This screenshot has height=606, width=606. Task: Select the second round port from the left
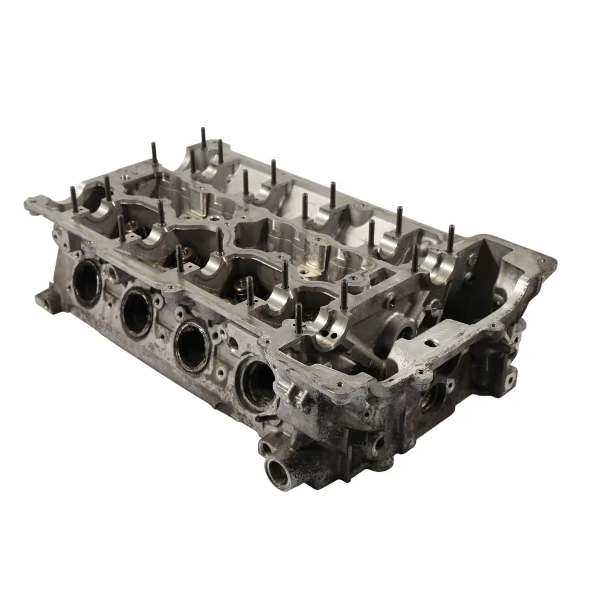[x=136, y=311]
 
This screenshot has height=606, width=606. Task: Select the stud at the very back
[x=203, y=138]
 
